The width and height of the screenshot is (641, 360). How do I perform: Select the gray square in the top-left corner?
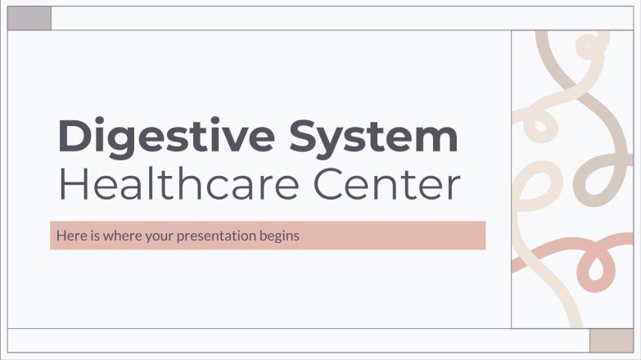(x=29, y=18)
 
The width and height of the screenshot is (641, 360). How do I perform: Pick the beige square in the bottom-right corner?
(x=611, y=340)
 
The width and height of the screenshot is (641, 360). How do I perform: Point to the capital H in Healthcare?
(x=72, y=186)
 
